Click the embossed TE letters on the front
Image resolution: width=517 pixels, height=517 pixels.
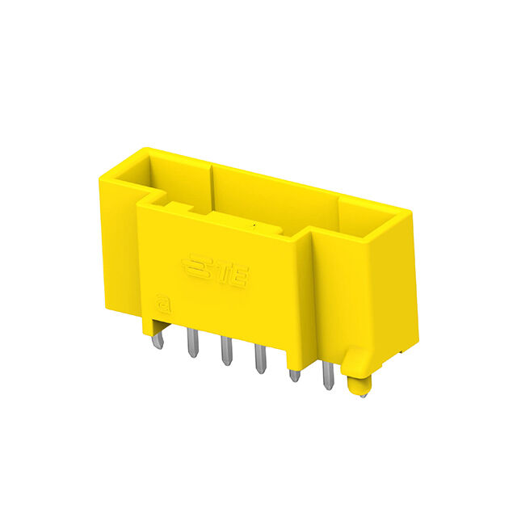233,275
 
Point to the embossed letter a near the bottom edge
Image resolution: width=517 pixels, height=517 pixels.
164,304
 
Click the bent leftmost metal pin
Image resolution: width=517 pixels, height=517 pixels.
158,339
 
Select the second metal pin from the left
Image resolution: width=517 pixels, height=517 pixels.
192,343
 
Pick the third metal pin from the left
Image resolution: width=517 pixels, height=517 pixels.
226,351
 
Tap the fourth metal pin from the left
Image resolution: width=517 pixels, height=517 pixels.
260,359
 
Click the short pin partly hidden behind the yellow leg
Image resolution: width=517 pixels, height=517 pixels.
294,376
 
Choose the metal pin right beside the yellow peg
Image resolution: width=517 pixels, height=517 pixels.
328,376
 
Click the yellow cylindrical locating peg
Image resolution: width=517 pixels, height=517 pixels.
359,385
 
